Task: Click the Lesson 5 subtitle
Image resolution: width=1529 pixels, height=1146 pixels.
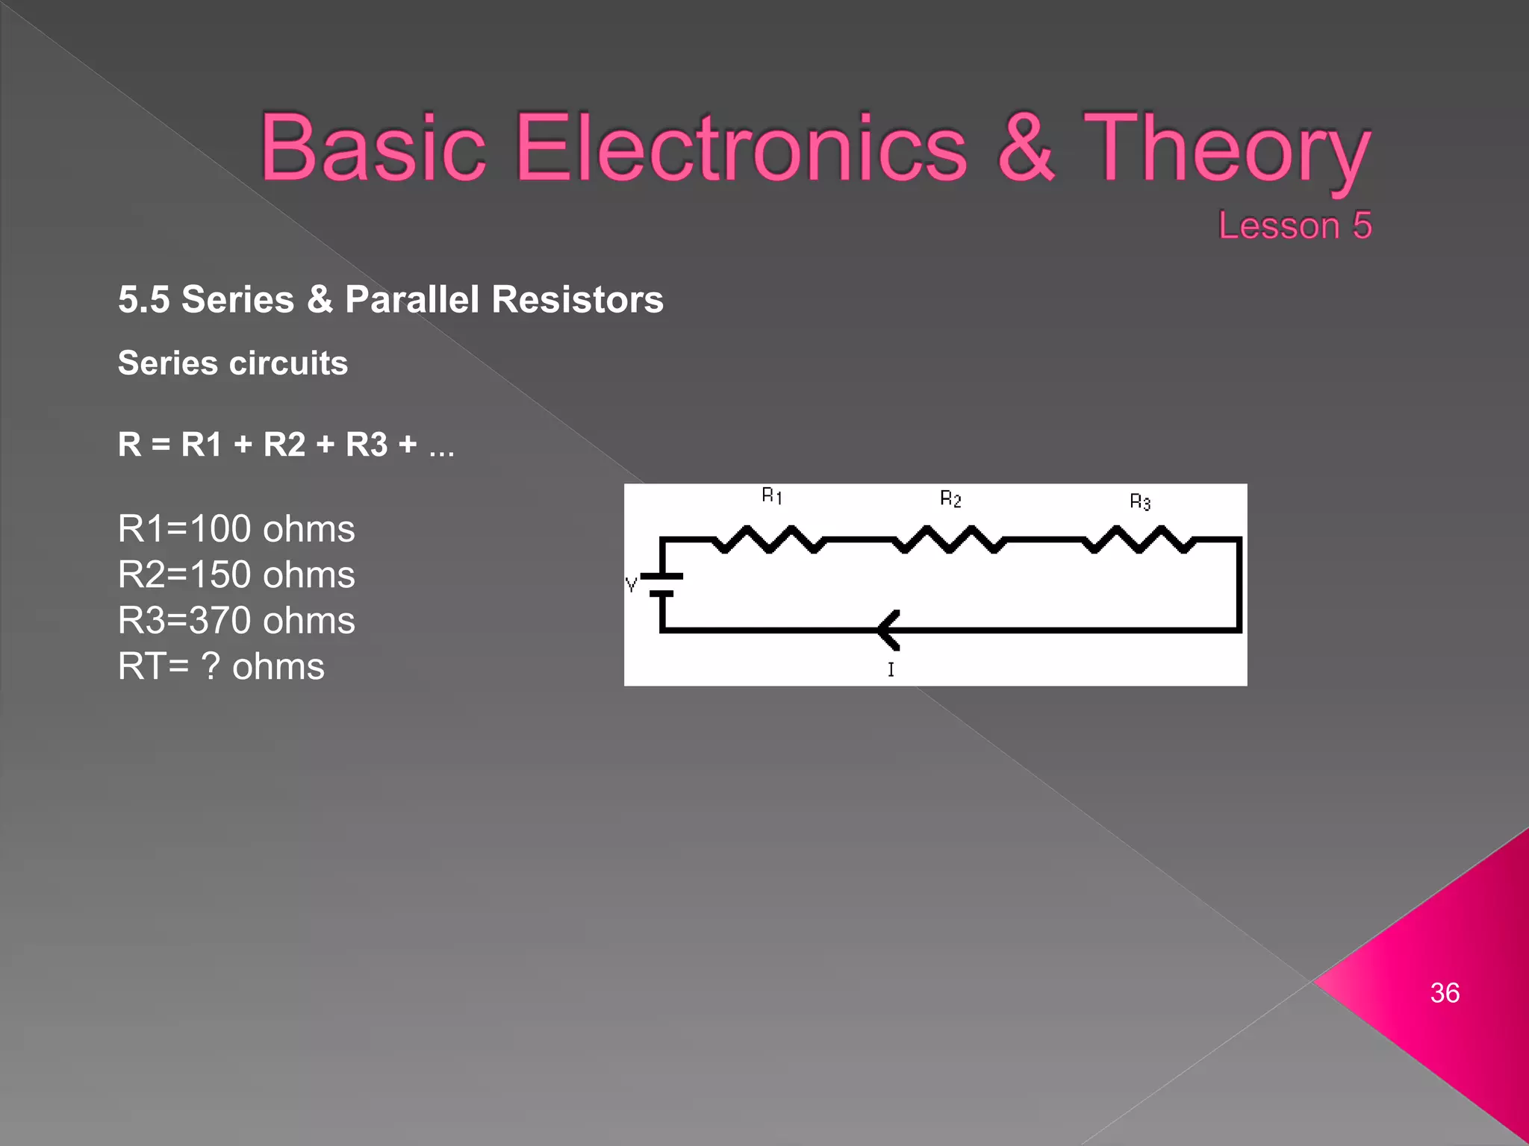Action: pyautogui.click(x=1295, y=225)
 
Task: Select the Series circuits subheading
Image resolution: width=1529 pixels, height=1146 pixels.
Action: pyautogui.click(x=233, y=363)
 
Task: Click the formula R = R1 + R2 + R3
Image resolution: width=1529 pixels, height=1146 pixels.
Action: pyautogui.click(x=286, y=445)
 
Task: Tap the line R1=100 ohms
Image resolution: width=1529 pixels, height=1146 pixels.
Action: pyautogui.click(x=236, y=529)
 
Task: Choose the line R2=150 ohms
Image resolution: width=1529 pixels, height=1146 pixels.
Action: pyautogui.click(x=236, y=574)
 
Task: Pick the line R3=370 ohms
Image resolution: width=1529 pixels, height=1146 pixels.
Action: pyautogui.click(x=236, y=621)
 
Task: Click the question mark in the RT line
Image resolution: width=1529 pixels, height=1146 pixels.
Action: pyautogui.click(x=211, y=666)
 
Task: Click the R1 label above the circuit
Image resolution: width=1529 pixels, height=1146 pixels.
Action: pyautogui.click(x=772, y=495)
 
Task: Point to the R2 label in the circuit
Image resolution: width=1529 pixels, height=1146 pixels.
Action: pyautogui.click(x=950, y=498)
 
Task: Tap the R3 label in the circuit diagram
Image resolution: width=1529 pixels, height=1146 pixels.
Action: pyautogui.click(x=1140, y=501)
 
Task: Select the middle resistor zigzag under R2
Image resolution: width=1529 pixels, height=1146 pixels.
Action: pyautogui.click(x=950, y=539)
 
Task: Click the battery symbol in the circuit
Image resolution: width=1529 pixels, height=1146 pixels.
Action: pyautogui.click(x=661, y=585)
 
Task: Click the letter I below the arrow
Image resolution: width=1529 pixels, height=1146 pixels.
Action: pyautogui.click(x=891, y=669)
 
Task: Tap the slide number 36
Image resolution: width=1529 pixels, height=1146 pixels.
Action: pyautogui.click(x=1445, y=993)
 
